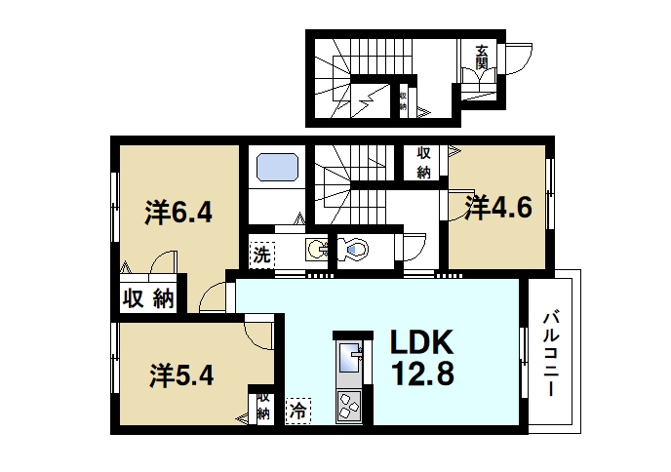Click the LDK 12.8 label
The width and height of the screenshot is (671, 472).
tap(422, 358)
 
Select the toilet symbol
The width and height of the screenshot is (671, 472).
tap(354, 251)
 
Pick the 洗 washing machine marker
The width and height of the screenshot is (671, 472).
tap(261, 256)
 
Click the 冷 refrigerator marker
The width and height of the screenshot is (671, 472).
tap(296, 412)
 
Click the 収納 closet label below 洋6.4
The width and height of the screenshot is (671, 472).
tap(147, 299)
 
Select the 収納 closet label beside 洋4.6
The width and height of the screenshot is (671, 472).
tap(424, 163)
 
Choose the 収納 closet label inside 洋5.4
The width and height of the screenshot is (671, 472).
tap(263, 407)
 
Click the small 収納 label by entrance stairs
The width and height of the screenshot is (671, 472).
tap(402, 101)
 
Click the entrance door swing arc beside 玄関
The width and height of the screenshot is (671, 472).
tap(517, 60)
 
